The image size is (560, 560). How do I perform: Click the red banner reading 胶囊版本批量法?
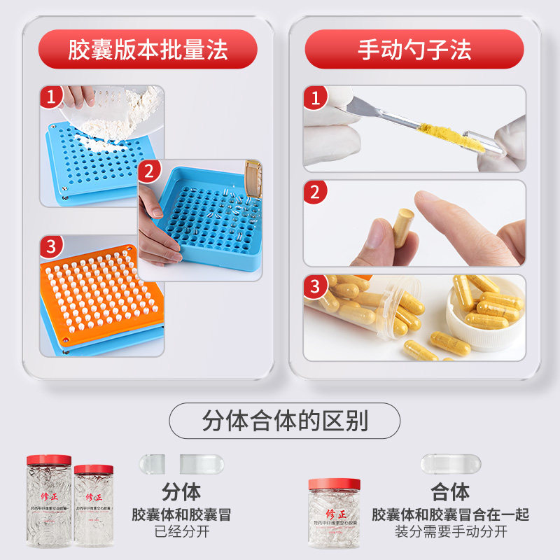148,50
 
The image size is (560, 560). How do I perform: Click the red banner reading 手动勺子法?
414,50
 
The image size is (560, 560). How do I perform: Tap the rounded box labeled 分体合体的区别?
284,421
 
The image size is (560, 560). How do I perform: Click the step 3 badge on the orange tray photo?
51,246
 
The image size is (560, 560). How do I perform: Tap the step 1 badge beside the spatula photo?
315,97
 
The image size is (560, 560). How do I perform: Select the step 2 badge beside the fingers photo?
315,192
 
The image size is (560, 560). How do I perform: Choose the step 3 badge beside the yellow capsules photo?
315,286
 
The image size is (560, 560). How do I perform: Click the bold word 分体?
181,491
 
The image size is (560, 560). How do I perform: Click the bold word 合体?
451,491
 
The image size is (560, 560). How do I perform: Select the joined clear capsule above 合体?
451,463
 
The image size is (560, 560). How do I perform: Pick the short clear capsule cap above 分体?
152,463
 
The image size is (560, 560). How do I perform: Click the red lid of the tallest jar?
49,460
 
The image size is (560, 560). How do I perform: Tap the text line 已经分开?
181,531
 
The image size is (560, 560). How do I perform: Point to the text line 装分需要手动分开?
451,531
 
